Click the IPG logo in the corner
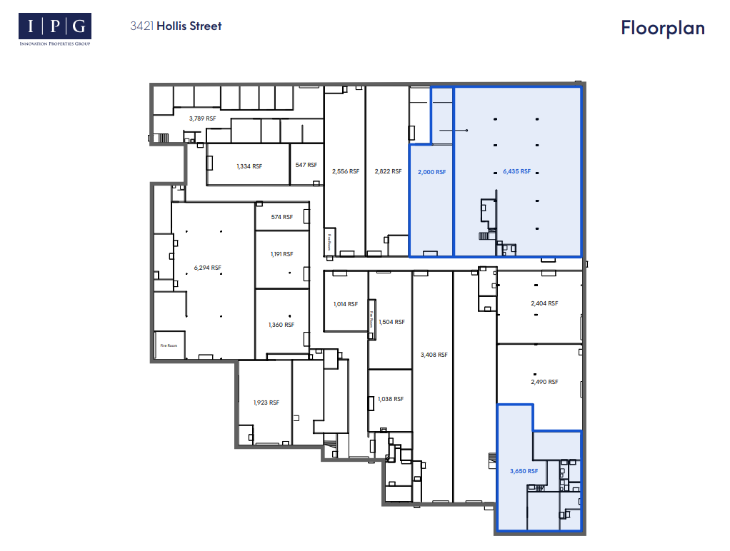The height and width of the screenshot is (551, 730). coord(55,29)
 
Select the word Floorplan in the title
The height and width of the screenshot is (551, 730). coord(662,28)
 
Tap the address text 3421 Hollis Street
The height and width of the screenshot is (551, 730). coord(176,26)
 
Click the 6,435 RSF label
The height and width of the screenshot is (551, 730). coord(516,171)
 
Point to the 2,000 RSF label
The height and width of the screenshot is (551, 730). coord(431,172)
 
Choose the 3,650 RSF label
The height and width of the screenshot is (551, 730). coord(523,471)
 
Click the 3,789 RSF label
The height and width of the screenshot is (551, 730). coord(202,118)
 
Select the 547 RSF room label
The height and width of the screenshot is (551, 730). coord(306,165)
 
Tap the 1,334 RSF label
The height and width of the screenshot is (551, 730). coord(249,166)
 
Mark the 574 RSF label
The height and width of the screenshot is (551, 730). coord(282,217)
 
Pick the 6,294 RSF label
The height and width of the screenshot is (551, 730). coord(208,268)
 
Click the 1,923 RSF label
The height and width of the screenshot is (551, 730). coord(266,403)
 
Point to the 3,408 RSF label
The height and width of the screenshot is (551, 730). coord(434,355)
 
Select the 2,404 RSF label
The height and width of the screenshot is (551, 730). coord(544,303)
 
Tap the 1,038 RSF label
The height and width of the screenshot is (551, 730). coord(391,399)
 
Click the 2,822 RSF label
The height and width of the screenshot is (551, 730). coord(386,171)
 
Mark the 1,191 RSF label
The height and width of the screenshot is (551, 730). coord(281,254)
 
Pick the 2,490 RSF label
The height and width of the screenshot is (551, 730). coord(544,382)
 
